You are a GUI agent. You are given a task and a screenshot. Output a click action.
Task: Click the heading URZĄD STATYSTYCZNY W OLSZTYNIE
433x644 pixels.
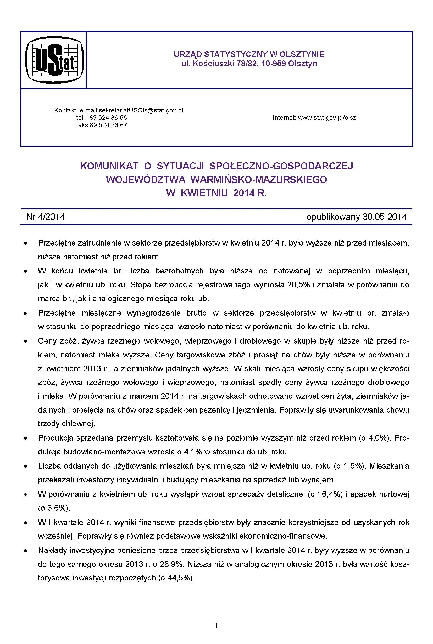pos(249,54)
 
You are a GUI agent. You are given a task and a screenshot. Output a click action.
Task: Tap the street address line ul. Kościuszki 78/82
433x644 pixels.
pos(249,64)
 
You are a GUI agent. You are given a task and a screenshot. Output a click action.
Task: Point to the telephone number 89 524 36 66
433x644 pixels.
pos(108,118)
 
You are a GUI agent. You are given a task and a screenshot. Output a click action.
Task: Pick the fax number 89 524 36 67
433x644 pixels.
pos(108,125)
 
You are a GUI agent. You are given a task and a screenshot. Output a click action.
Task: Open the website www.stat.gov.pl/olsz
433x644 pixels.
pos(327,118)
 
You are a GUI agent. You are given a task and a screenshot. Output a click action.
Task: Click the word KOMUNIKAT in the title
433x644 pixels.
pos(109,166)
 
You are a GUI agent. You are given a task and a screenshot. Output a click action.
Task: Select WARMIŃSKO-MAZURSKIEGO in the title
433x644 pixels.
pos(258,180)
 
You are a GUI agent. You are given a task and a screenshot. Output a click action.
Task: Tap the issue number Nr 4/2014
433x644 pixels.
pos(46,217)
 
